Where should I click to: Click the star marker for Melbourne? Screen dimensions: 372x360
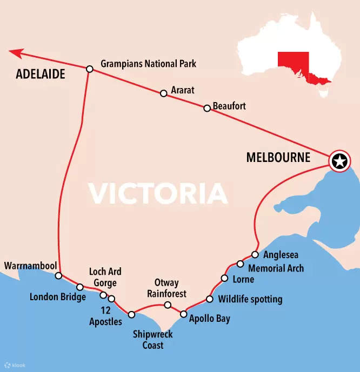tap(339, 161)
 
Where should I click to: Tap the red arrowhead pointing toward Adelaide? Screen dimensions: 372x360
tap(16, 53)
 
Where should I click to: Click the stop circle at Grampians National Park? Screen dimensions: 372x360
tap(90, 69)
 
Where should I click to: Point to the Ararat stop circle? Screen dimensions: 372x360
tap(163, 93)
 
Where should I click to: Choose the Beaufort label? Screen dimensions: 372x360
tap(229, 106)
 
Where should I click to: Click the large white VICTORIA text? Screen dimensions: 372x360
tap(158, 193)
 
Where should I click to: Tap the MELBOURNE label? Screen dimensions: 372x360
tap(278, 158)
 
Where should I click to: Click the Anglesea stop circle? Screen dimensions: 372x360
tap(255, 254)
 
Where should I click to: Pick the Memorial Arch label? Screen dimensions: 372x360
tap(276, 268)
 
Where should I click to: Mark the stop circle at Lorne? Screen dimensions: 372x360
tap(224, 279)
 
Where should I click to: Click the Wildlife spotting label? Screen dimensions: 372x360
tap(250, 299)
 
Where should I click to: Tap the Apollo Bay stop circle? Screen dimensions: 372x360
tap(183, 314)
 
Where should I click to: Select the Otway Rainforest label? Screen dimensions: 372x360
tap(166, 288)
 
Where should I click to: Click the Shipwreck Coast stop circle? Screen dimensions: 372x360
tap(131, 314)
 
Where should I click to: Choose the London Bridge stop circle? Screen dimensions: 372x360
tap(79, 287)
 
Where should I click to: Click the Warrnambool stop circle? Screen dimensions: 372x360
tap(58, 276)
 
